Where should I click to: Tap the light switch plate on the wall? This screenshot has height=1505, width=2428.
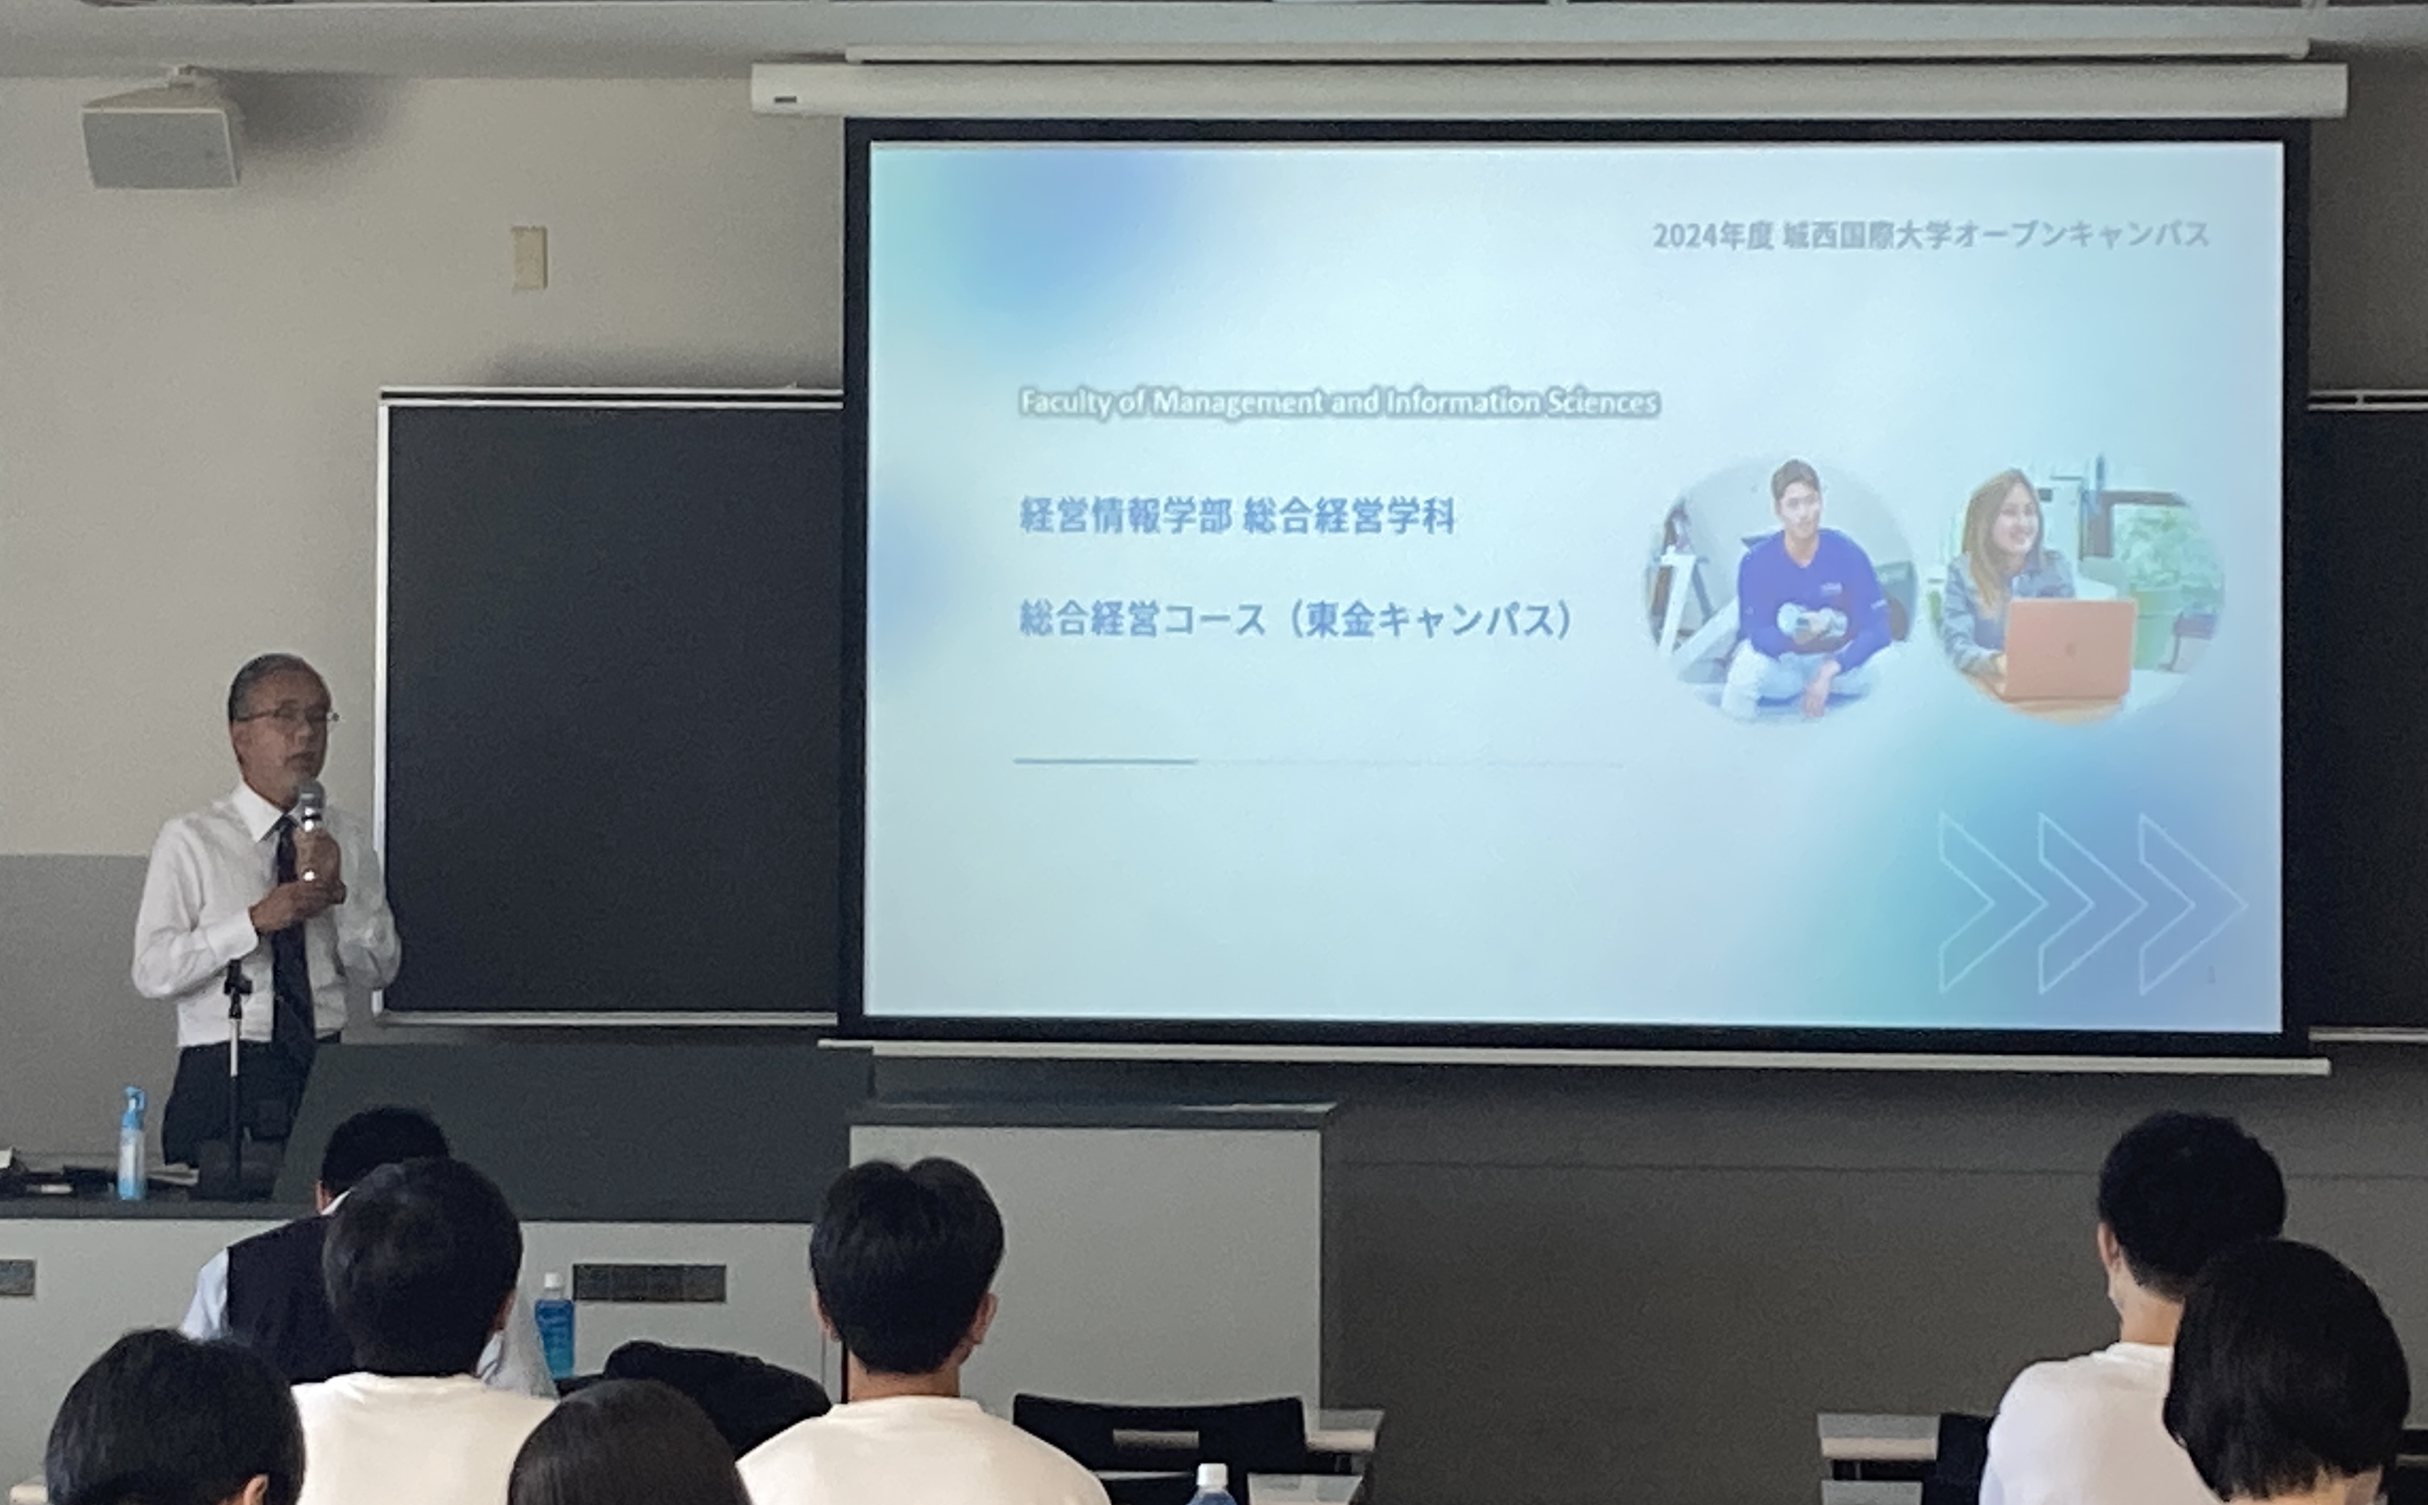[529, 258]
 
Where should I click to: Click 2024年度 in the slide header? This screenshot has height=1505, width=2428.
[1713, 237]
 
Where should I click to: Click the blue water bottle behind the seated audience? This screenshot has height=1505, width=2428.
[555, 1326]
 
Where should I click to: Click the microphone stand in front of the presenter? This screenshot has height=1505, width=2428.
[235, 1075]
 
